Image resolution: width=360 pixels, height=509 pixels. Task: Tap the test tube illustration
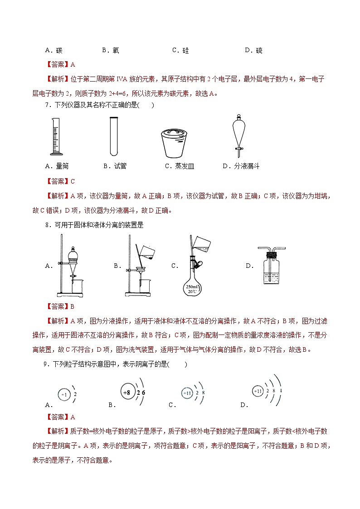tap(114, 136)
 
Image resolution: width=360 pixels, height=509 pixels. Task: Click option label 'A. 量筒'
tap(57, 166)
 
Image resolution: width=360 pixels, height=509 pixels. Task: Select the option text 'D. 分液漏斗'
tap(241, 166)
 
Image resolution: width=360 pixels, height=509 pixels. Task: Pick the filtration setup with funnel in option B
tap(140, 267)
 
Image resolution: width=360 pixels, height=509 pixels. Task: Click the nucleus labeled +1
tap(65, 395)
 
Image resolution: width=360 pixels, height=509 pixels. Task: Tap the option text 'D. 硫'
tap(253, 50)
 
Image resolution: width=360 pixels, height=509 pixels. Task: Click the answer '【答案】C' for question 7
tap(60, 181)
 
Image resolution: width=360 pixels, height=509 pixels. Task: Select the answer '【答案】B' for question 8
tap(60, 306)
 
